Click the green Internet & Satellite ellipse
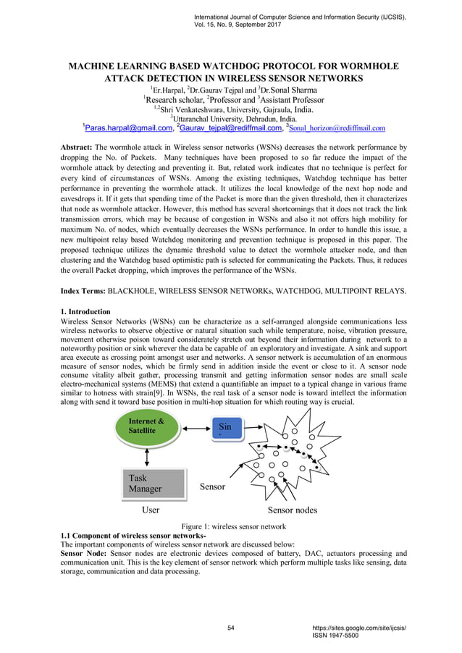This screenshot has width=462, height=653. (x=147, y=426)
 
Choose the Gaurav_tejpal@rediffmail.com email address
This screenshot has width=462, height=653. (x=231, y=128)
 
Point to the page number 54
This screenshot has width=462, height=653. (x=231, y=627)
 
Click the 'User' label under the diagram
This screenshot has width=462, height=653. (x=151, y=510)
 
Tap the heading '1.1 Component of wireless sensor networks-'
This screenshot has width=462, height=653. (x=134, y=535)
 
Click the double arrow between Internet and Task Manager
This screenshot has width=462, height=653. (x=147, y=456)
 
